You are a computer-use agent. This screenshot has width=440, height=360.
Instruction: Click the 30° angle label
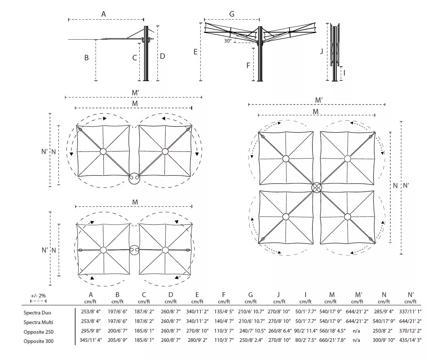click(x=227, y=41)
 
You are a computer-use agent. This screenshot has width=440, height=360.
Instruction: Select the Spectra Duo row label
click(x=37, y=313)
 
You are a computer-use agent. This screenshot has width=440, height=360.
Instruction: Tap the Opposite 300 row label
click(x=39, y=341)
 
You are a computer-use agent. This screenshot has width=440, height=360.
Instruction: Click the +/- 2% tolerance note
click(x=38, y=296)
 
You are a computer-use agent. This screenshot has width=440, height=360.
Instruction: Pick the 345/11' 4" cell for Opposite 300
click(x=91, y=340)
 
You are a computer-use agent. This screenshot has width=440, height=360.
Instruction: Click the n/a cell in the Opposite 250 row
click(x=359, y=331)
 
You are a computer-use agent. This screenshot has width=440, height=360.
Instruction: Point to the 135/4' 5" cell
click(x=224, y=312)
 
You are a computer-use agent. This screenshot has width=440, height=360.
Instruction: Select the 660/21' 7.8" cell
click(x=332, y=340)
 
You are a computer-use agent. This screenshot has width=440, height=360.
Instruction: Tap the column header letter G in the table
click(x=251, y=295)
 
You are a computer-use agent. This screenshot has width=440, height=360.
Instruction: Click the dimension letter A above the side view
click(x=104, y=14)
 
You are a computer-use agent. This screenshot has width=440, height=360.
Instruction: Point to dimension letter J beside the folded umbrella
click(x=322, y=51)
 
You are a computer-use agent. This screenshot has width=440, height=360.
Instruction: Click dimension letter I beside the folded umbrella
click(x=344, y=73)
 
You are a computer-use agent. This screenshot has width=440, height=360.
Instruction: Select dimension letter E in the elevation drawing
click(x=196, y=52)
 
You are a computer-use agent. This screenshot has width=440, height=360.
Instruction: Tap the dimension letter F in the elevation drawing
click(x=248, y=66)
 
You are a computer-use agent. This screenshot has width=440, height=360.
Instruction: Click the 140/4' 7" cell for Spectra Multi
click(x=224, y=321)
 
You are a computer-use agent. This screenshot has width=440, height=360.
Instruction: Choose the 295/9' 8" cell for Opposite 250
click(x=91, y=331)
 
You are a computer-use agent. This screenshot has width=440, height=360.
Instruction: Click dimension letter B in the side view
click(x=86, y=58)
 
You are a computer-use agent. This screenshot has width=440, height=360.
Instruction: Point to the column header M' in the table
click(x=359, y=295)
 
